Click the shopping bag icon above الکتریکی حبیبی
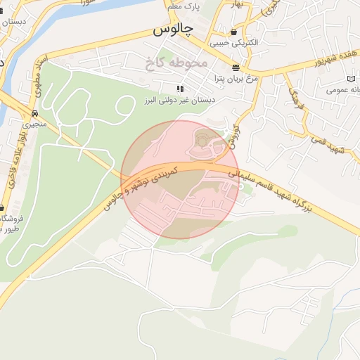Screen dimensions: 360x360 233,32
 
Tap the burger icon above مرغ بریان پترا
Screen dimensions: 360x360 235,67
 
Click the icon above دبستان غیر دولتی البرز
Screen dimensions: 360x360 180,89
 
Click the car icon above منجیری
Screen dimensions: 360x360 34,113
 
